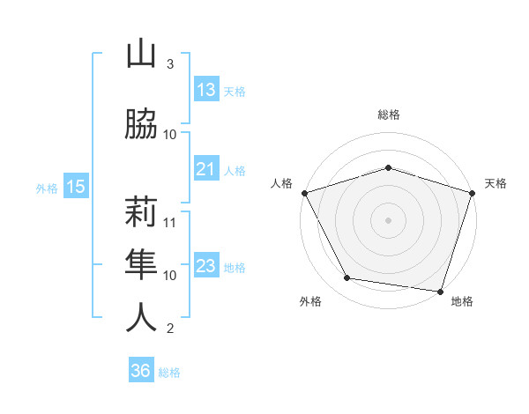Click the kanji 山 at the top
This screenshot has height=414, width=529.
point(142,56)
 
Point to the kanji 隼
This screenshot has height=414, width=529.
point(142,262)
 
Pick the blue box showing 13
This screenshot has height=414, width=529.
point(206,90)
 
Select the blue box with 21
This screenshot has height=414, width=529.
point(206,169)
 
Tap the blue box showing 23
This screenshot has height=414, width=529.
point(206,266)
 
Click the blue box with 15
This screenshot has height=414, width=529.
point(75,187)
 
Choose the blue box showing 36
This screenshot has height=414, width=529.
point(141,371)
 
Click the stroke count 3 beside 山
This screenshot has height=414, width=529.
point(169,64)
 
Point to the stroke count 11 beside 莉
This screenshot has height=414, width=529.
point(170,222)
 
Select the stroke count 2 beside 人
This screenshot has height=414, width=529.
point(169,329)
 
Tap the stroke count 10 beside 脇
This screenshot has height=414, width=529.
point(170,134)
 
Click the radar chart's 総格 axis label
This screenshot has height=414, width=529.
point(389,115)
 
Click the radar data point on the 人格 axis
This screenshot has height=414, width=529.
point(305,193)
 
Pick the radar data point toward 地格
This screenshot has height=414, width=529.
point(440,291)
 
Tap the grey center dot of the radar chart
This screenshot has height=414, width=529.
point(388,219)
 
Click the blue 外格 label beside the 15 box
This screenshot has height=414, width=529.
point(47,188)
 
